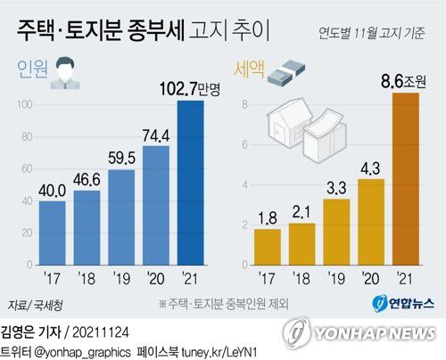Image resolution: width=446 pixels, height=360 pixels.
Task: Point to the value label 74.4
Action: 156,135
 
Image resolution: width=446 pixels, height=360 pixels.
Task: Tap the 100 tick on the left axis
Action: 24,106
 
